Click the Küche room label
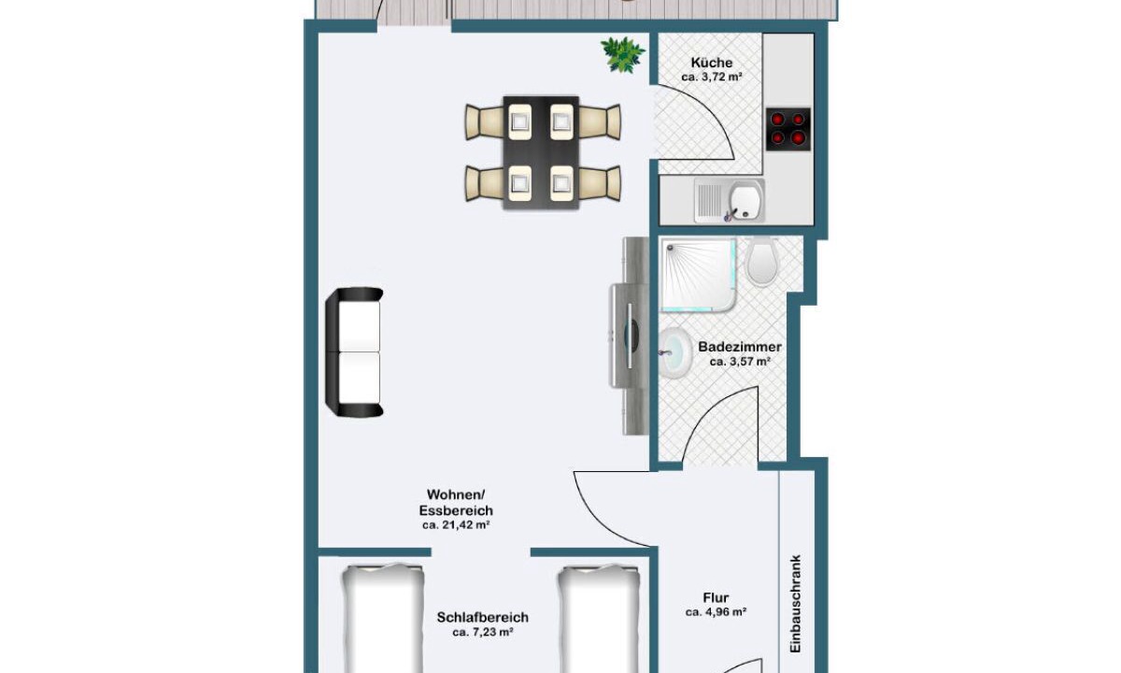(x=711, y=64)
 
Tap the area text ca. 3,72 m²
(x=711, y=78)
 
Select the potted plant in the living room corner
(x=623, y=54)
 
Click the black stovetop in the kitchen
(x=788, y=129)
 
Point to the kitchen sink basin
(x=745, y=200)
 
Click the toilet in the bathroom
(x=762, y=261)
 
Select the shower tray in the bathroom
(x=699, y=276)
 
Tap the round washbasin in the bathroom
(x=675, y=353)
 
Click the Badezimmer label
(x=740, y=347)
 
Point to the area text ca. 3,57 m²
(x=740, y=362)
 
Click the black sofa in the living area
(x=354, y=352)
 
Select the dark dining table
(x=541, y=152)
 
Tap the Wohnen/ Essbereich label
(x=456, y=502)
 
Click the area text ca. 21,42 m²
(x=456, y=525)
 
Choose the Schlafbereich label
(x=482, y=618)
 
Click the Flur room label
(x=716, y=597)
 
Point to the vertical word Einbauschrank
(x=796, y=610)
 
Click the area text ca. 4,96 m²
(x=716, y=612)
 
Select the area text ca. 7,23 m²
(x=482, y=633)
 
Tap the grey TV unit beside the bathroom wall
(x=630, y=336)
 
